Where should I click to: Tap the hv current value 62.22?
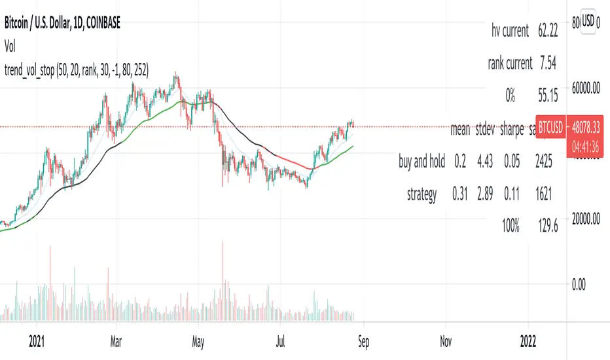click(x=546, y=30)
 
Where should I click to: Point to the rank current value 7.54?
click(x=546, y=63)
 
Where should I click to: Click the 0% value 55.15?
click(x=546, y=97)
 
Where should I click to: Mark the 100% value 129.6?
click(x=546, y=227)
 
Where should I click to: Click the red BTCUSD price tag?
click(x=550, y=130)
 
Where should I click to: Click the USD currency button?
click(x=588, y=21)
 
